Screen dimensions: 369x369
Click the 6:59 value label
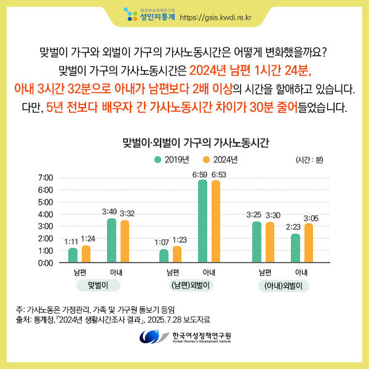(x=199, y=175)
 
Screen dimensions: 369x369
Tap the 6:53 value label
(x=218, y=175)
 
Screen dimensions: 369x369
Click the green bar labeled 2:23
(x=295, y=248)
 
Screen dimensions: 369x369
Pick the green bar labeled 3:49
(x=111, y=240)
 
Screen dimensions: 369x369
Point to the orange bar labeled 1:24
(x=86, y=254)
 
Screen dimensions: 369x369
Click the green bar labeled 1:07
(x=164, y=256)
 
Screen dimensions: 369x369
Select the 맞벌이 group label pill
(x=98, y=285)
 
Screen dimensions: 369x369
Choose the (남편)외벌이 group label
(x=191, y=285)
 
